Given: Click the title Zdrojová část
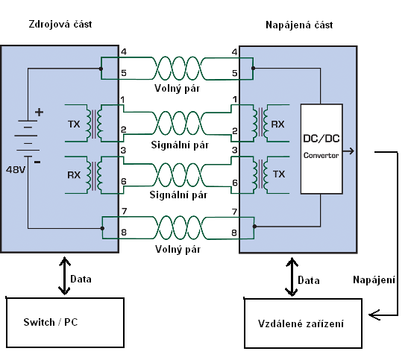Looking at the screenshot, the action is click(60, 25).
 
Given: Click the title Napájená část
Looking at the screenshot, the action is click(299, 25).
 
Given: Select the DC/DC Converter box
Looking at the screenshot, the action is click(321, 149).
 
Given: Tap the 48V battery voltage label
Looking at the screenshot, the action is click(16, 170).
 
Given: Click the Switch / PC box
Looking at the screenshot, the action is click(65, 323).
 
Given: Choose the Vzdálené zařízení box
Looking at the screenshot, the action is click(304, 323).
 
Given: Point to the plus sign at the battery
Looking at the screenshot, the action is click(39, 112).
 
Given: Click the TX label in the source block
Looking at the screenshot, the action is click(74, 124).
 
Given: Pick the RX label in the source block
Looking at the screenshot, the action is click(74, 175).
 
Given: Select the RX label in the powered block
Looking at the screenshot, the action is click(277, 124).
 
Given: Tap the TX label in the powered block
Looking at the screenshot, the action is click(279, 174).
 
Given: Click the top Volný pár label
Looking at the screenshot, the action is click(178, 89).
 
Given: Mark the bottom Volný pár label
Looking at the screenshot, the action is click(178, 249).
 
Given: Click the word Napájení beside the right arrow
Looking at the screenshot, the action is click(374, 280).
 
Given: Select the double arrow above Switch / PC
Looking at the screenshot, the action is click(64, 276).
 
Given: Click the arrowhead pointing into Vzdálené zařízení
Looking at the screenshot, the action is click(374, 315).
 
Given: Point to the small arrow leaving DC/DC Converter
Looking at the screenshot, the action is click(348, 151).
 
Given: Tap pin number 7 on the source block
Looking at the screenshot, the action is click(125, 211).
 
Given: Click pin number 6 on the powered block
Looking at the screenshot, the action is click(235, 183).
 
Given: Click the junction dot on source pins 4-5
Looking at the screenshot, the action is click(101, 69).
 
